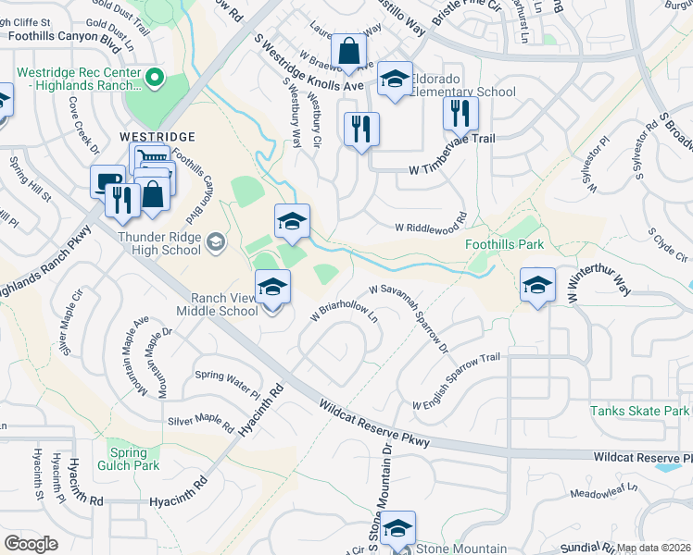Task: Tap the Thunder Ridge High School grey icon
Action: click(x=216, y=241)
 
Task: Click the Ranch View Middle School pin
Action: click(x=272, y=287)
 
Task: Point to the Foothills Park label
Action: click(x=504, y=245)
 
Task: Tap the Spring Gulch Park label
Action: click(x=128, y=460)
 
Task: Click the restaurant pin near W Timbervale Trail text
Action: click(x=361, y=128)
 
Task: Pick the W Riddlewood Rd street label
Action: click(x=429, y=227)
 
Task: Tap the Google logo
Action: click(x=31, y=544)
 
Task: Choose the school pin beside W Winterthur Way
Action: click(x=537, y=285)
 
